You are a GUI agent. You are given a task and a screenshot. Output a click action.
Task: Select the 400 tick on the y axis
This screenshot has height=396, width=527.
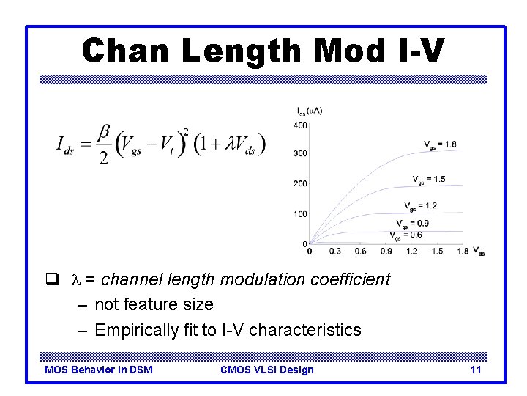pos(300,125)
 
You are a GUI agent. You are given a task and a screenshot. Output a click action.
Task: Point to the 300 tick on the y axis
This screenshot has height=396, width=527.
pos(300,154)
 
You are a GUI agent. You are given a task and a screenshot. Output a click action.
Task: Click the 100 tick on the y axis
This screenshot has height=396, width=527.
pos(300,214)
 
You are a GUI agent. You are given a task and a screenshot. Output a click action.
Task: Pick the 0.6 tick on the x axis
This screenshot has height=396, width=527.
pos(360,252)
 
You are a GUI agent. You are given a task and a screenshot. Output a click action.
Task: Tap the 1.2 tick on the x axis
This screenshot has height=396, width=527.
pos(412,252)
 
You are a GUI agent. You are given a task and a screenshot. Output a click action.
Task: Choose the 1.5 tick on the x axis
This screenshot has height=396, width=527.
pos(438,252)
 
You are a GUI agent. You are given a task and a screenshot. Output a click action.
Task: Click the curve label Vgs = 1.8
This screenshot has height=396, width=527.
pos(441,144)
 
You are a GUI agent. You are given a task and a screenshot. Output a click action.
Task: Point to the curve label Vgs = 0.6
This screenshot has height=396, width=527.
pos(405,235)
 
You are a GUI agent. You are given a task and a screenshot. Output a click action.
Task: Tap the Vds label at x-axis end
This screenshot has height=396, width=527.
pos(479,251)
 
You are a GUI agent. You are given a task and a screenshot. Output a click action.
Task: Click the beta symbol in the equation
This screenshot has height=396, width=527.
pos(104,133)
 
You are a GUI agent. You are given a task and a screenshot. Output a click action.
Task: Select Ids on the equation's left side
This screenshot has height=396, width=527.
pos(68,144)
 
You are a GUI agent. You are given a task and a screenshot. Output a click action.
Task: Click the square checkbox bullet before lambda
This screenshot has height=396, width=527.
pos(51,279)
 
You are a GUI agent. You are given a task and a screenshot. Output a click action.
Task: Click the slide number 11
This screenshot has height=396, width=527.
pos(476,370)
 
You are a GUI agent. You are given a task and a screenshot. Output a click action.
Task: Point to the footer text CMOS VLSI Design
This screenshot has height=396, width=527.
pos(266,370)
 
